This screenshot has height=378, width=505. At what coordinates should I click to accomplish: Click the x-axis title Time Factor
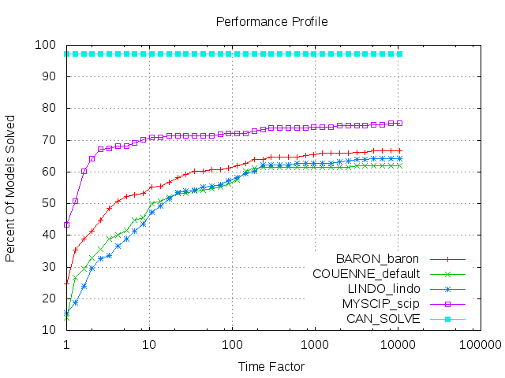click(271, 366)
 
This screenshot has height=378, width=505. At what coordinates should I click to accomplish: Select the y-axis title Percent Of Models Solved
click(11, 187)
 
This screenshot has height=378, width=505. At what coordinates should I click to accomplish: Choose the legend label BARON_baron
click(377, 259)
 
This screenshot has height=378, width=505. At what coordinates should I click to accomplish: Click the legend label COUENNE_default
click(366, 274)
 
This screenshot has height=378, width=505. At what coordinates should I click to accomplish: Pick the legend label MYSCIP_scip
click(378, 304)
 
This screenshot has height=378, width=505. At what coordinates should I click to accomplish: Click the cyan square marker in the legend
click(447, 319)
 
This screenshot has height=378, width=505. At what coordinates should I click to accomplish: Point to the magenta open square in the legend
click(447, 304)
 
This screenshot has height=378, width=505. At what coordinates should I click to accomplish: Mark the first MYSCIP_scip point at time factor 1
click(66, 224)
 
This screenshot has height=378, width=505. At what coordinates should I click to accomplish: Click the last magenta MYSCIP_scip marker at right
click(399, 123)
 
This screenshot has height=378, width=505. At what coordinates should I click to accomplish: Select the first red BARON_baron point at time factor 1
click(66, 283)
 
